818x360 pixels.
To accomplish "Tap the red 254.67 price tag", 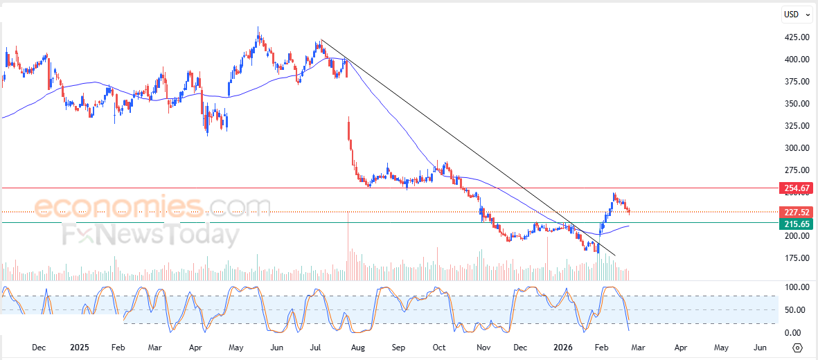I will point(794,188).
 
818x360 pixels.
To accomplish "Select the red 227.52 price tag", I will point(794,212).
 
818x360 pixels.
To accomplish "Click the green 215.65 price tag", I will point(794,224).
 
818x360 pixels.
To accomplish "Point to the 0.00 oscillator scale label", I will point(797,333).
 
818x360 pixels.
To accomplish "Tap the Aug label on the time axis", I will point(358,347).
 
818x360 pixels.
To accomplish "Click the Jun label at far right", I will point(760,347).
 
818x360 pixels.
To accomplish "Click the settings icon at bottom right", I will point(797,348).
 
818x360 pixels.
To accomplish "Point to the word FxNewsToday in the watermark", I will point(151,235).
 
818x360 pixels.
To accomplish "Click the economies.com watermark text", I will point(152,207).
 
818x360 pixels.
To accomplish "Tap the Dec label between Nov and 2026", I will point(520,347).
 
